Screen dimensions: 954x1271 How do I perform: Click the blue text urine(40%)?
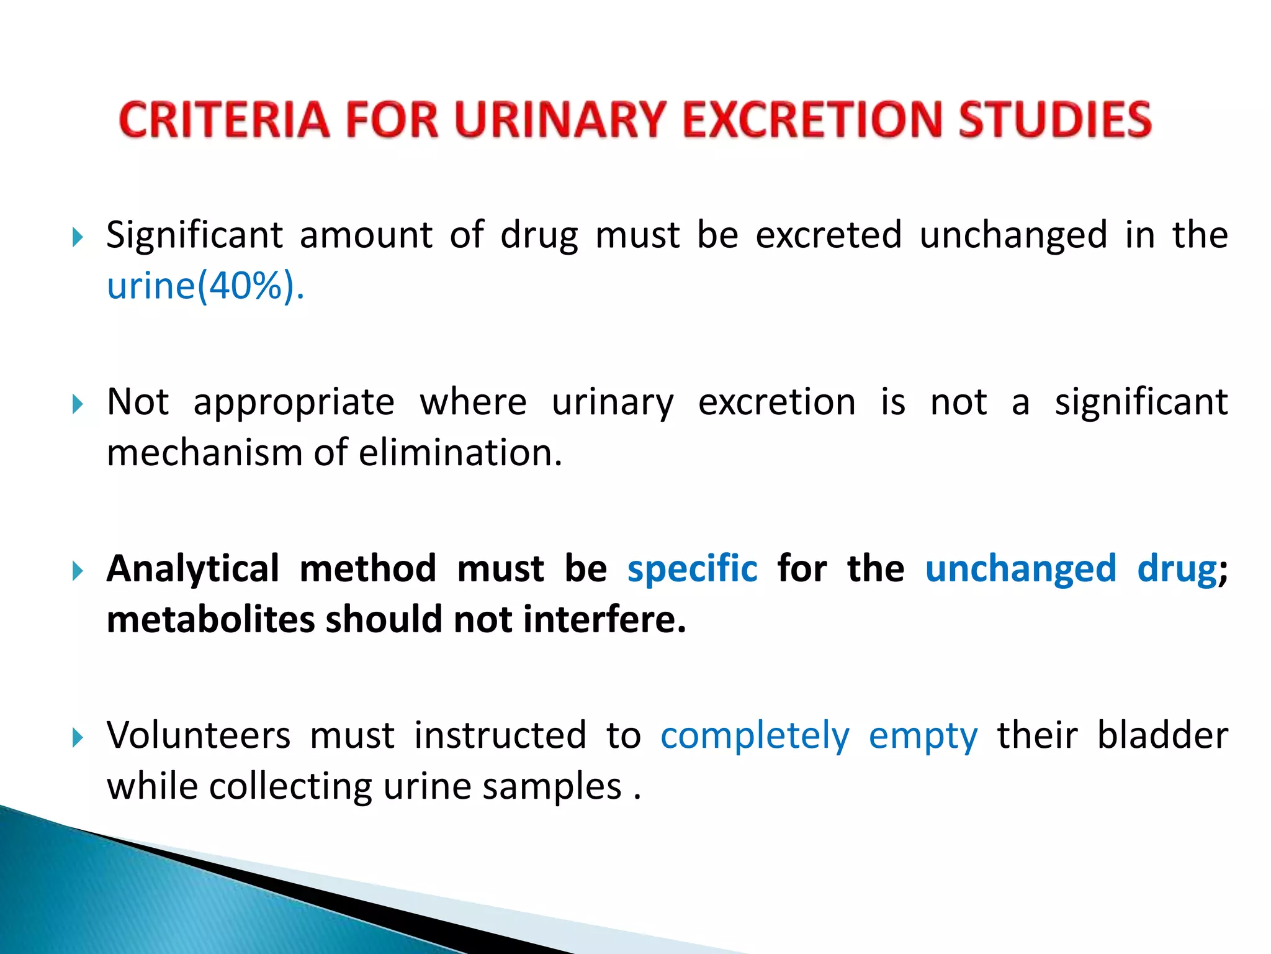coord(205,286)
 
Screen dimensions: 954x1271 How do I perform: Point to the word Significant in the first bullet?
coord(195,236)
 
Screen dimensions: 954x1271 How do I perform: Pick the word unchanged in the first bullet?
coord(1013,235)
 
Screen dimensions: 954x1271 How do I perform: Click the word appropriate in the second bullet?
coord(294,403)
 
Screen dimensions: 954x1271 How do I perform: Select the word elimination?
coord(460,453)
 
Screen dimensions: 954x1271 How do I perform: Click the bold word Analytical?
coord(193,569)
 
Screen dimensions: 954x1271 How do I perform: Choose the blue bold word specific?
coord(692,569)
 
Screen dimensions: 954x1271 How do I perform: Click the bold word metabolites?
coord(210,619)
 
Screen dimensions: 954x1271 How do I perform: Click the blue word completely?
coord(755,737)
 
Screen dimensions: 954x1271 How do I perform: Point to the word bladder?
coord(1162,736)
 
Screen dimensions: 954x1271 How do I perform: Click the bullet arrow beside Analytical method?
coord(77,571)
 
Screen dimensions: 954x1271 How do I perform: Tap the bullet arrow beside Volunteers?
coord(77,738)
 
